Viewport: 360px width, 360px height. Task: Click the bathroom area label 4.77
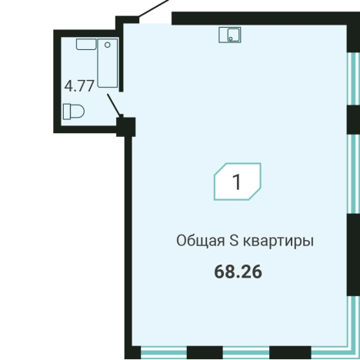(80, 85)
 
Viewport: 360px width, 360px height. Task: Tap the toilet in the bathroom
(75, 112)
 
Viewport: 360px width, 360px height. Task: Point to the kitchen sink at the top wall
(230, 34)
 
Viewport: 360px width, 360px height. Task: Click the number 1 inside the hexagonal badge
(237, 182)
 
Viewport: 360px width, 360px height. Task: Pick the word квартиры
(278, 241)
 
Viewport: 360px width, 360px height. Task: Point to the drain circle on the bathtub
(107, 46)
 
